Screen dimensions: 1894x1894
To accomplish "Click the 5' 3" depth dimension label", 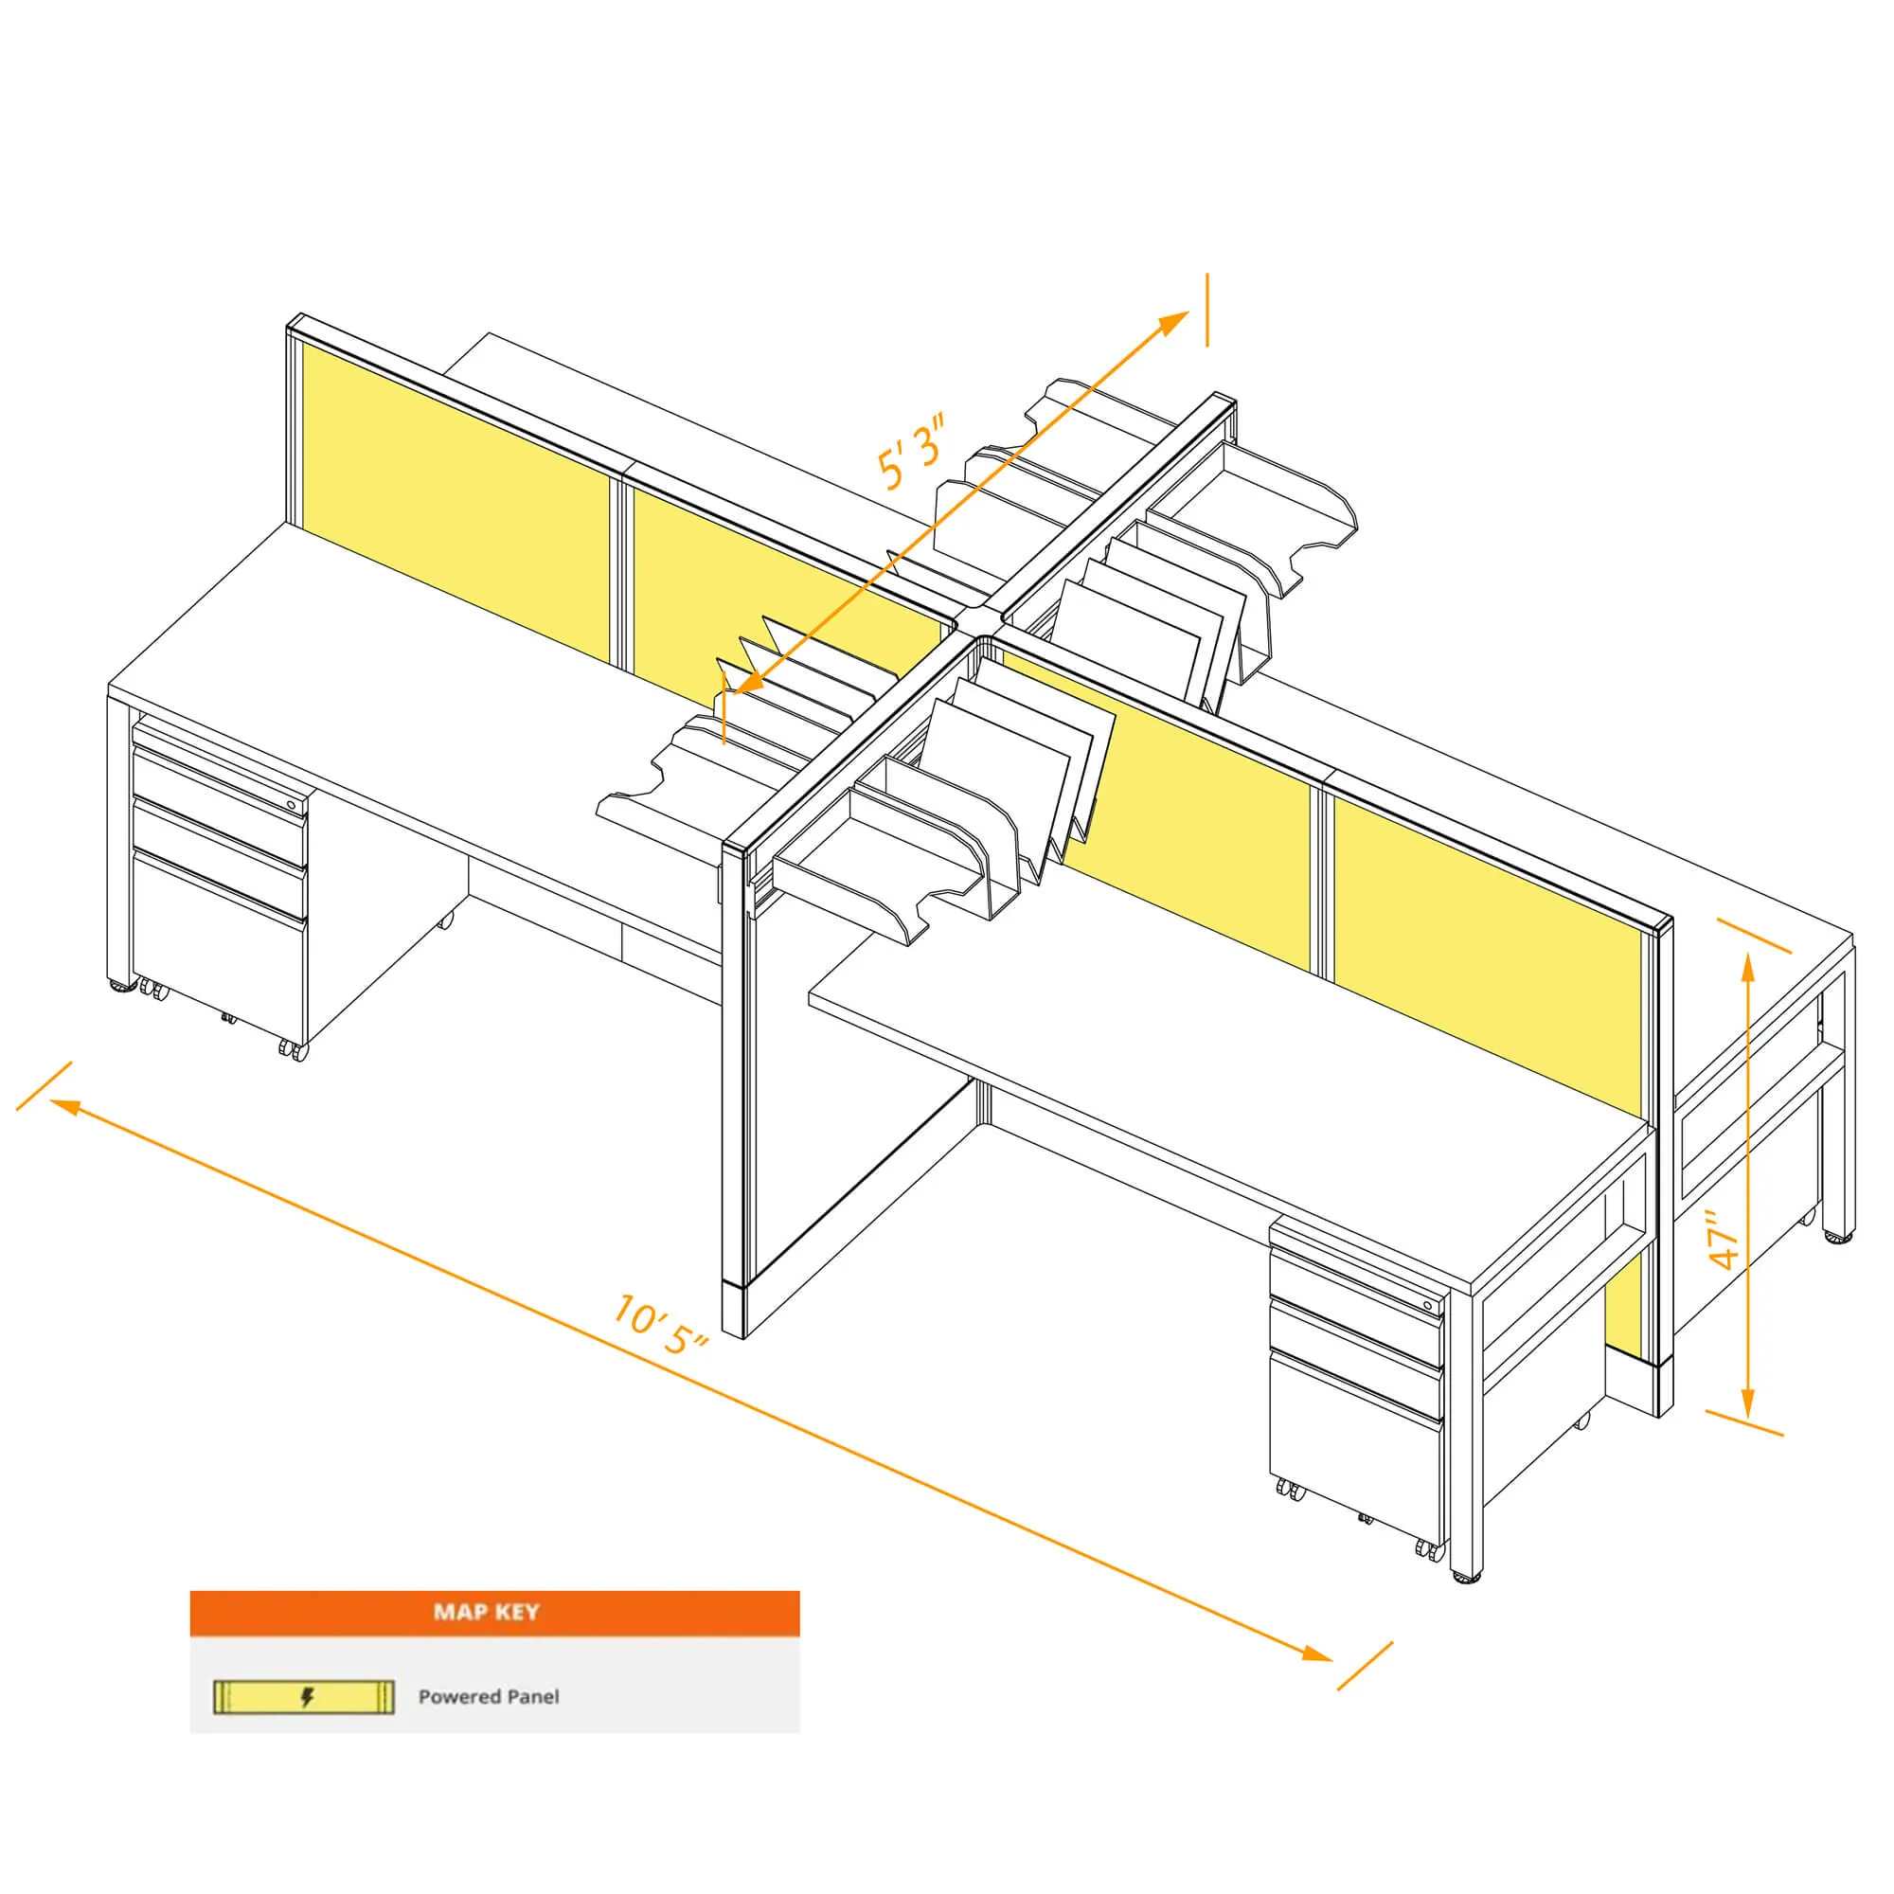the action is [912, 452].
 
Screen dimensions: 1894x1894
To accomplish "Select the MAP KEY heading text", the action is [486, 1612].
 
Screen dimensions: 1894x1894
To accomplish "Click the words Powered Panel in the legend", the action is [489, 1697].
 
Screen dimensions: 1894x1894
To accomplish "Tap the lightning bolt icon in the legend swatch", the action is [307, 1697].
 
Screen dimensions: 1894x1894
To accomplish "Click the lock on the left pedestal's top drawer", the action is [291, 804].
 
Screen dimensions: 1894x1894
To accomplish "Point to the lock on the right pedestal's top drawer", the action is [1428, 1306].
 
